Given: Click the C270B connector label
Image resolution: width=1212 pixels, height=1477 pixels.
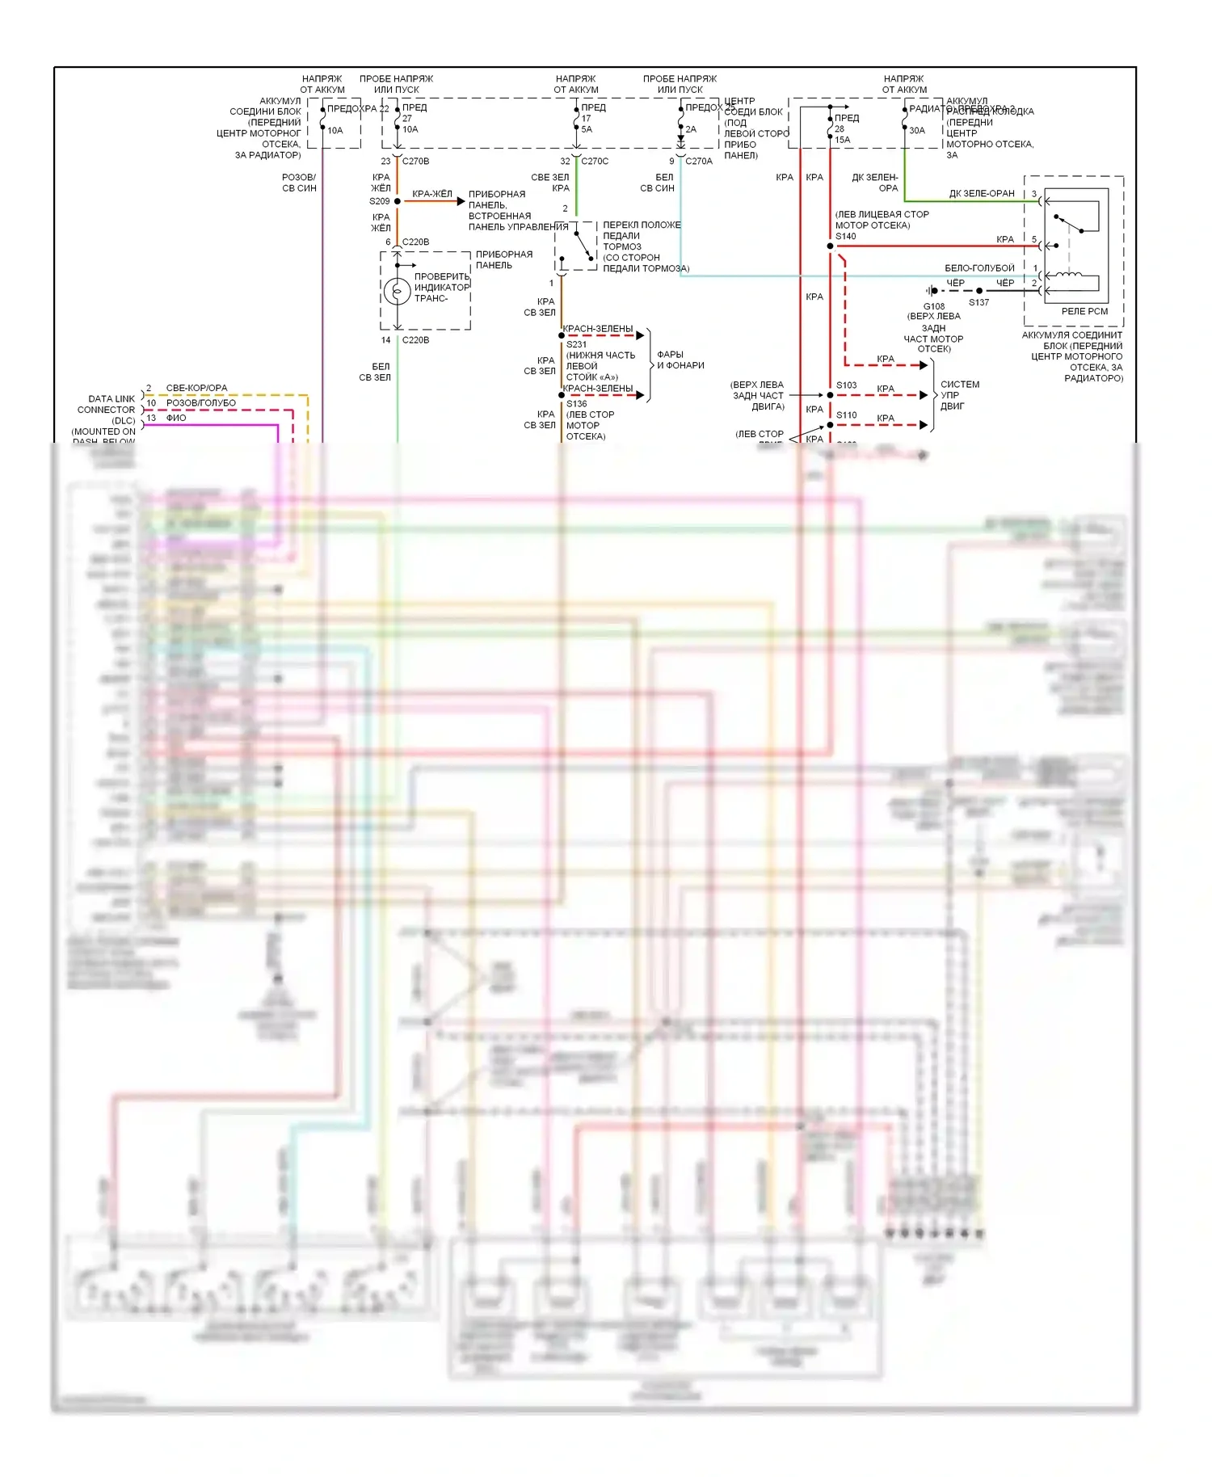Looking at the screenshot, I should (415, 162).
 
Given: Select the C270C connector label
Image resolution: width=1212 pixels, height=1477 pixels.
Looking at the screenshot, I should (595, 162).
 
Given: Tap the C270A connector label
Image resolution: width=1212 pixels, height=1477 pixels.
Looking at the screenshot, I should (699, 162).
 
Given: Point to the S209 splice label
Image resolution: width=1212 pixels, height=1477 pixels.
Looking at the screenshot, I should (380, 201).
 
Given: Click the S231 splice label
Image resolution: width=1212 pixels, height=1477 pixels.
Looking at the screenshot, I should (576, 344).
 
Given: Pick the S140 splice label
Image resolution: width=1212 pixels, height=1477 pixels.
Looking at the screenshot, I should (845, 237).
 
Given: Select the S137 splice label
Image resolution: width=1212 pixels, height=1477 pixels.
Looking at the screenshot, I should (978, 303).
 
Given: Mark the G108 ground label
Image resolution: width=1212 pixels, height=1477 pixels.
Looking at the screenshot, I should (934, 306).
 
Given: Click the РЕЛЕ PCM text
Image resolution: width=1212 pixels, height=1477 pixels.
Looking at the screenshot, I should (1084, 311).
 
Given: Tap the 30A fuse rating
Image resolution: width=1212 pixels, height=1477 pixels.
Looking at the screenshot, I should (917, 131).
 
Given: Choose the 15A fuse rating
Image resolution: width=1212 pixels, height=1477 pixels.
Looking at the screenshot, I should (842, 140).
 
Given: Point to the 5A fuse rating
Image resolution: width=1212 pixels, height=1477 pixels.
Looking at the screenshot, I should (587, 129).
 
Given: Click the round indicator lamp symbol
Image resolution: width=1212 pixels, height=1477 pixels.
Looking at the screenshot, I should (397, 291).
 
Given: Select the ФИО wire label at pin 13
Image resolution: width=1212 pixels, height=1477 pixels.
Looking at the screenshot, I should (176, 418).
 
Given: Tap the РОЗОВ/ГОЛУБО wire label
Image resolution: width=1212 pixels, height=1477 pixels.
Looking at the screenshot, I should (201, 403).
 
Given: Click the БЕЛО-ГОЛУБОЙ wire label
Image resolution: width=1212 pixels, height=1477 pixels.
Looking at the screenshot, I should (979, 268).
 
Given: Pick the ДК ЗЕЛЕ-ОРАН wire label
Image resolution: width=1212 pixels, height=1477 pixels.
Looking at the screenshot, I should (982, 194).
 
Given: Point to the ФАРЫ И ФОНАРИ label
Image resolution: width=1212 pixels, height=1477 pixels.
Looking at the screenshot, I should (680, 360).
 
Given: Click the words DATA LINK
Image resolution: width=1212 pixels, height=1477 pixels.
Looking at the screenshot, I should (112, 399).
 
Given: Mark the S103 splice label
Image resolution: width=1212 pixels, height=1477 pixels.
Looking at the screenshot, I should (846, 385).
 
